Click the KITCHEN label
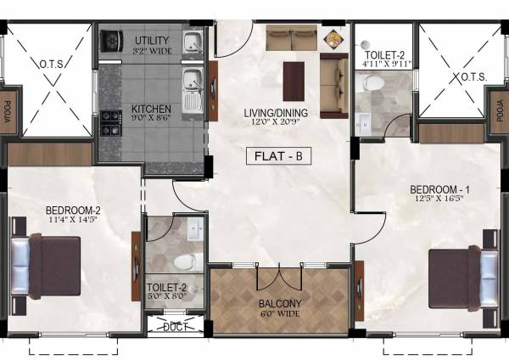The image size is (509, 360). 151,110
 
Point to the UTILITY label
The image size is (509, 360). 153,41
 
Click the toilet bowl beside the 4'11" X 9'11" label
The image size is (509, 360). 372,83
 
